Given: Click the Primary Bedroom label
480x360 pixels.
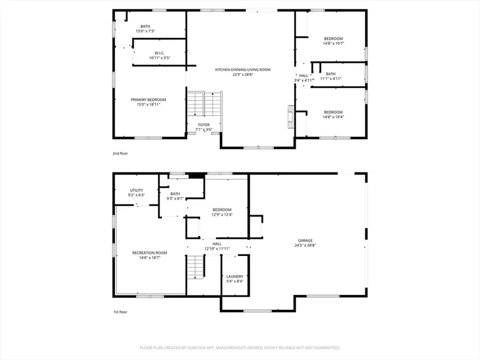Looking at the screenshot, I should [148, 100].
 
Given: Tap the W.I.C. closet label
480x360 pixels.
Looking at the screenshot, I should [159, 53].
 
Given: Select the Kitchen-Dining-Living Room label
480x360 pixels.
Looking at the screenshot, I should [243, 69].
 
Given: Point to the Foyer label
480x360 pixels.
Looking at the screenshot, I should [204, 124].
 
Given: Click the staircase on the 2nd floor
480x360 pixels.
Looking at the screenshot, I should [204, 104].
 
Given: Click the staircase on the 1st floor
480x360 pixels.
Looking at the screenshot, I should [196, 266].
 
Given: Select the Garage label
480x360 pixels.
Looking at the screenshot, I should [305, 241].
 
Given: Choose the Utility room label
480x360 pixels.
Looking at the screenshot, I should [137, 190].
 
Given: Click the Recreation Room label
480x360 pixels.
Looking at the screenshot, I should [150, 253].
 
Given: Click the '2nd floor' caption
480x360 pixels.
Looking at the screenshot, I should [120, 153].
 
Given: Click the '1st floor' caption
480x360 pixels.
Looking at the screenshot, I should [119, 312].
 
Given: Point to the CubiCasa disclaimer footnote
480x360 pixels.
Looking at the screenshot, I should [239, 347].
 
